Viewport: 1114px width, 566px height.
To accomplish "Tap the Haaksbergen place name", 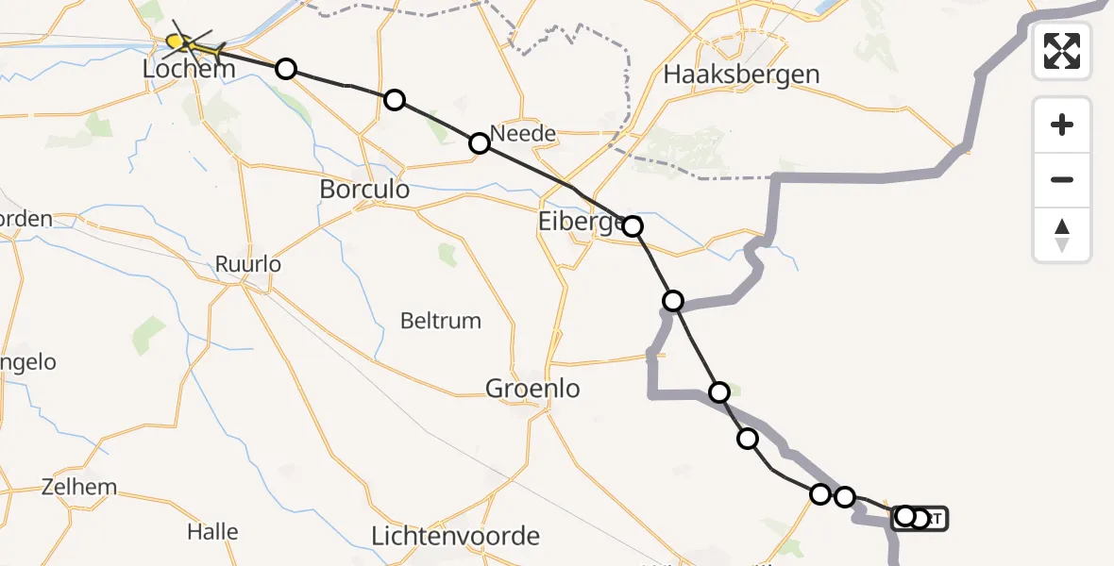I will coord(741,74).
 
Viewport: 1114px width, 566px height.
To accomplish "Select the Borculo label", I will coord(364,189).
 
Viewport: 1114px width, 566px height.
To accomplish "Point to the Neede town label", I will coord(525,134).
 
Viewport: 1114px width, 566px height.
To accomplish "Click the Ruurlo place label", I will coord(248,264).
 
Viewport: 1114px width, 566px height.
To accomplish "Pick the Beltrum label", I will coord(441,321).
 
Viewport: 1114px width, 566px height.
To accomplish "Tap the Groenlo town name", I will coord(532,388).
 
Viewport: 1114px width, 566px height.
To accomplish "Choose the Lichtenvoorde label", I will coord(456,537).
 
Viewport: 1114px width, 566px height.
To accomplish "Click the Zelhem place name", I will coord(79,488).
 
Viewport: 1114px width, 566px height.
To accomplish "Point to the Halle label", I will coord(212,531).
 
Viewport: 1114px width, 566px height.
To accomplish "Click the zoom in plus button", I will coord(1062,125).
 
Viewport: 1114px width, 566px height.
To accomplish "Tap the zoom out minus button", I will coord(1062,179).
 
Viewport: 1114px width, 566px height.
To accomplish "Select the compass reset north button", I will coord(1062,235).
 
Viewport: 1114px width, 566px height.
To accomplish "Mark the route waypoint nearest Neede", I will coord(480,143).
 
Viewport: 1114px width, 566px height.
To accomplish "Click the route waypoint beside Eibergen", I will coord(633,226).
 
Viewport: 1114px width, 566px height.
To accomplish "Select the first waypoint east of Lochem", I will coord(285,68).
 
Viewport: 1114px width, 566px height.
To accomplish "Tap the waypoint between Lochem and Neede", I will coord(395,100).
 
